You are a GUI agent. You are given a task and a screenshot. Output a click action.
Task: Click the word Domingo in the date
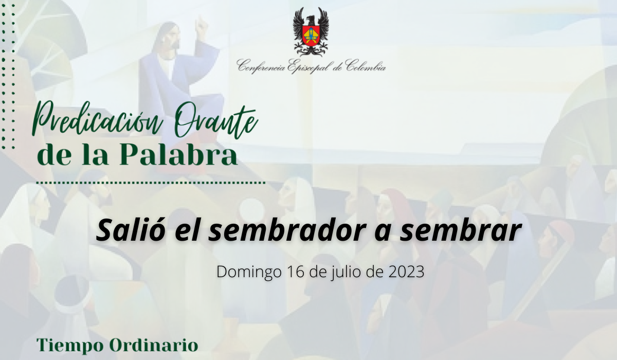(x=249, y=272)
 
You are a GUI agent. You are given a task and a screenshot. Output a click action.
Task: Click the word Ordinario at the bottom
(x=154, y=345)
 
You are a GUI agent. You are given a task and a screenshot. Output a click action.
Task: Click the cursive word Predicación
(x=97, y=120)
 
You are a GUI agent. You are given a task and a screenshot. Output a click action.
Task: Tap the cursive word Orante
(x=215, y=121)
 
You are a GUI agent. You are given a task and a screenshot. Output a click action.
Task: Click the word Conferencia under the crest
(x=261, y=67)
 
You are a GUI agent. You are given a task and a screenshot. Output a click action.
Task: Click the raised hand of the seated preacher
(x=201, y=24)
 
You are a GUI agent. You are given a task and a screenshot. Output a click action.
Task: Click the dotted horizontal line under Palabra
(x=151, y=183)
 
